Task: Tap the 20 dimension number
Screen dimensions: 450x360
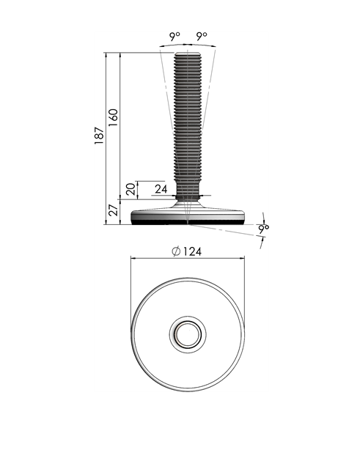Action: pyautogui.click(x=130, y=189)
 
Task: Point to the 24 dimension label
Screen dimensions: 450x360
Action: pyautogui.click(x=161, y=189)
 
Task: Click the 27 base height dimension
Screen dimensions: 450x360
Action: pyautogui.click(x=112, y=210)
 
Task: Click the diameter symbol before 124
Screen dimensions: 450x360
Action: pyautogui.click(x=176, y=251)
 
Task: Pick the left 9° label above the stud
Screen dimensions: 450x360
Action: pyautogui.click(x=175, y=36)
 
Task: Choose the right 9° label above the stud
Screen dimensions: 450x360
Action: pyautogui.click(x=202, y=36)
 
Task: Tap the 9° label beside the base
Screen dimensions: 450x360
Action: pyautogui.click(x=263, y=229)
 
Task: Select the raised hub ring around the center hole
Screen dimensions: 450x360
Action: pyautogui.click(x=188, y=322)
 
